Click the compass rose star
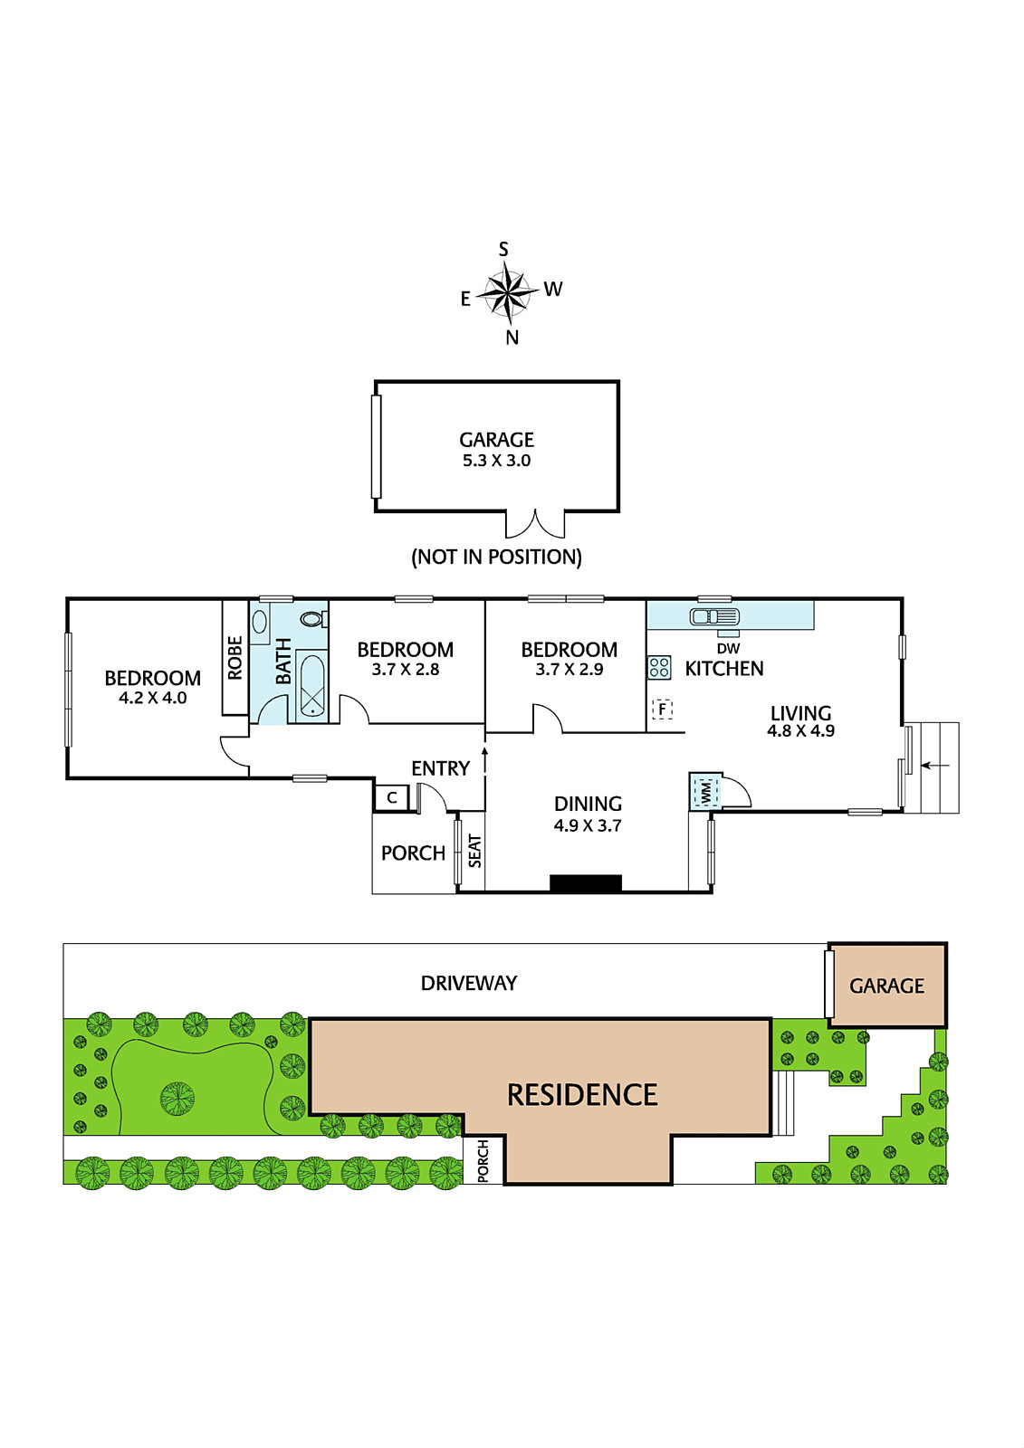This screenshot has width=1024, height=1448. pyautogui.click(x=509, y=294)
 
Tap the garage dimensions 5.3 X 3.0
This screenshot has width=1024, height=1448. pyautogui.click(x=496, y=461)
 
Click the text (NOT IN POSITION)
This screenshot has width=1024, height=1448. pyautogui.click(x=496, y=557)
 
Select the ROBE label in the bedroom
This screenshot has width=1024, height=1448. pyautogui.click(x=234, y=657)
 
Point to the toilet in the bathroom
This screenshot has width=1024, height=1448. pyautogui.click(x=314, y=619)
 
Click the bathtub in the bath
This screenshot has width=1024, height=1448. pyautogui.click(x=312, y=685)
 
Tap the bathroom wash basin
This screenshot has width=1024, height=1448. pyautogui.click(x=260, y=622)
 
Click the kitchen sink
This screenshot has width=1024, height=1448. pyautogui.click(x=714, y=616)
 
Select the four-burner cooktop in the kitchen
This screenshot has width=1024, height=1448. pyautogui.click(x=659, y=667)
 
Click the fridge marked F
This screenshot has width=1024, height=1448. pyautogui.click(x=662, y=710)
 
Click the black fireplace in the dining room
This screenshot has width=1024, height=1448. pyautogui.click(x=586, y=883)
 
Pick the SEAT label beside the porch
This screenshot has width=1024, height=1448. pyautogui.click(x=475, y=851)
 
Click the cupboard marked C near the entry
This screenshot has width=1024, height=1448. pyautogui.click(x=391, y=797)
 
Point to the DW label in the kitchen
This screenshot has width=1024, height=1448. pyautogui.click(x=728, y=648)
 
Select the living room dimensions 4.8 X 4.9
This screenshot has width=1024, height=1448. pyautogui.click(x=801, y=731)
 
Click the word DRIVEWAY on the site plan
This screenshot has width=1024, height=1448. pyautogui.click(x=469, y=983)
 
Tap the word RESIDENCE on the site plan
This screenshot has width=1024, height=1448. pyautogui.click(x=582, y=1094)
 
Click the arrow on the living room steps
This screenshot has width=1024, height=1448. pyautogui.click(x=934, y=766)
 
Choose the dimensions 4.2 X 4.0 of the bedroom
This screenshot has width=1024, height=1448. pyautogui.click(x=153, y=698)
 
